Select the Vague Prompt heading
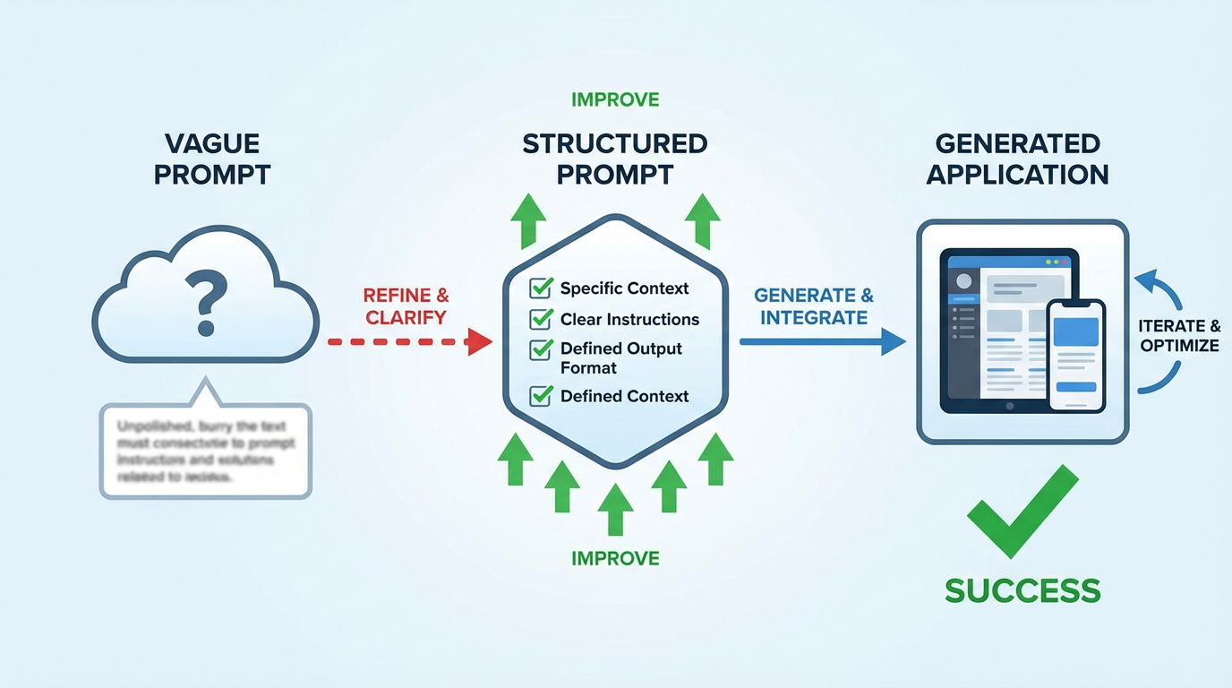tap(212, 159)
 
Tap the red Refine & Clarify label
tap(406, 305)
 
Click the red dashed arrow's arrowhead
tap(480, 341)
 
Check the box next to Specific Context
tap(541, 288)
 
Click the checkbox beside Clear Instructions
tap(541, 320)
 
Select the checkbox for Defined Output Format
tap(541, 349)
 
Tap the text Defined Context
tap(624, 396)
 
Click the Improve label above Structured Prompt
tap(615, 99)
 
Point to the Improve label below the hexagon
tap(615, 558)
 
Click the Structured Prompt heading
tap(615, 159)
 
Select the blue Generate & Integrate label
tap(813, 306)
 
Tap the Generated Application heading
tap(1017, 159)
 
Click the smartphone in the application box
tap(1075, 355)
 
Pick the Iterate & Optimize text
tap(1179, 336)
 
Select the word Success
tap(1022, 590)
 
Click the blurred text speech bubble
tap(205, 450)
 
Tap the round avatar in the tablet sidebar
tap(963, 281)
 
